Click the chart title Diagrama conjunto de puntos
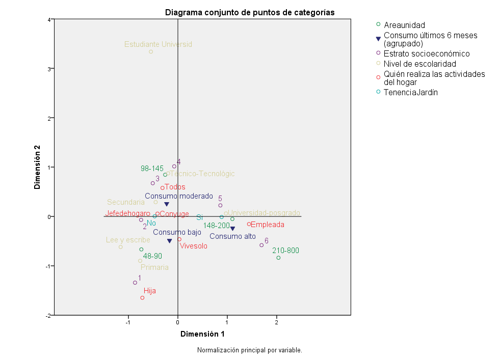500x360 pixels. coord(250,13)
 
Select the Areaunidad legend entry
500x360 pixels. coord(404,24)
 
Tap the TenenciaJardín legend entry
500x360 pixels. coord(410,92)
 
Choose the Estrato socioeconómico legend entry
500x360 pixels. coord(426,53)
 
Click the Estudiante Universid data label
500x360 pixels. coord(158,44)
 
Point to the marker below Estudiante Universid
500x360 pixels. coord(151,51)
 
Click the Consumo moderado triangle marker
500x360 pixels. coord(167,204)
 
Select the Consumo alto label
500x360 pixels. coord(232,236)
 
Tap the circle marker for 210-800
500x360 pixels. coord(278,258)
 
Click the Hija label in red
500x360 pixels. coord(150,291)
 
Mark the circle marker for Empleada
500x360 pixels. coord(249,224)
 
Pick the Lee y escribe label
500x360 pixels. coord(128,240)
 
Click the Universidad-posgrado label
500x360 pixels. coord(264,213)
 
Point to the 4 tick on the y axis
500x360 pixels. coord(50,20)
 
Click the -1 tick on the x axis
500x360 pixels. coord(128,322)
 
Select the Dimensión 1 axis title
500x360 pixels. coord(202,334)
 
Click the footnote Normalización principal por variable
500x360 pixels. coord(249,350)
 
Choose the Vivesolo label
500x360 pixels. coord(193,246)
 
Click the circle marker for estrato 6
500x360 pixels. coord(261,245)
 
